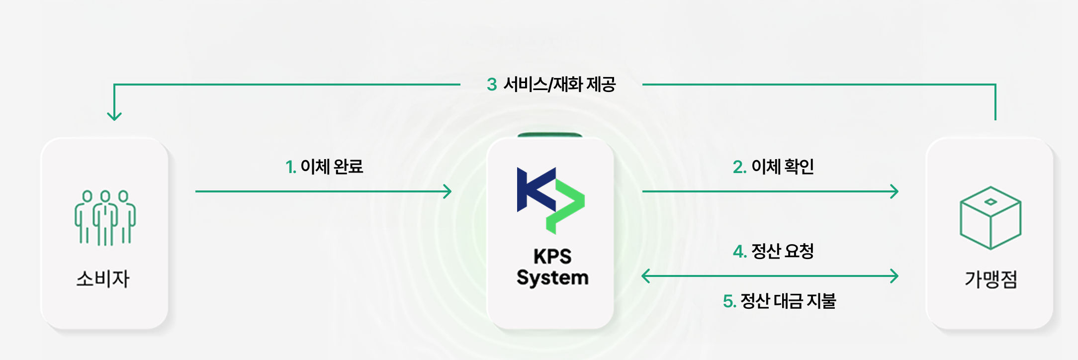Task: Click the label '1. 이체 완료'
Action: (324, 167)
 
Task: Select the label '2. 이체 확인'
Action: (773, 167)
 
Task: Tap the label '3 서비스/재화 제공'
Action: (551, 85)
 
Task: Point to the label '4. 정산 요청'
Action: (773, 251)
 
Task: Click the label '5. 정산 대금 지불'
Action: (779, 301)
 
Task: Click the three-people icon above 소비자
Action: (105, 218)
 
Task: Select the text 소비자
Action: (103, 279)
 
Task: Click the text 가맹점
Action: (991, 279)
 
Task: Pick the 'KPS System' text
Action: (552, 267)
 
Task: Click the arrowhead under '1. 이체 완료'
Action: (448, 191)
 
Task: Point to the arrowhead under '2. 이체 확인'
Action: (895, 191)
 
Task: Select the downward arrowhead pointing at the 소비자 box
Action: (114, 116)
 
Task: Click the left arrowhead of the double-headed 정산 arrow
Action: (645, 276)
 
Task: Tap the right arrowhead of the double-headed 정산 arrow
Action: (895, 276)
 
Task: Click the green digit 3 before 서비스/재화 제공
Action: (492, 85)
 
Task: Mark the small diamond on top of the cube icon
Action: (990, 201)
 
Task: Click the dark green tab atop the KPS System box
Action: (550, 135)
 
